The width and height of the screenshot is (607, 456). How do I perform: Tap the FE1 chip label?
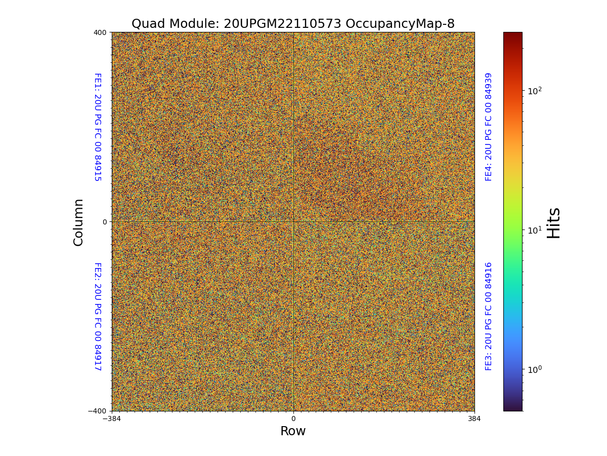pyautogui.click(x=97, y=127)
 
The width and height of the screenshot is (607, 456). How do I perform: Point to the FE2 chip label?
pyautogui.click(x=97, y=316)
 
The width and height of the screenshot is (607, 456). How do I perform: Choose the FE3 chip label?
pyautogui.click(x=489, y=316)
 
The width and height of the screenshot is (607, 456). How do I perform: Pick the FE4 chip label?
pyautogui.click(x=489, y=127)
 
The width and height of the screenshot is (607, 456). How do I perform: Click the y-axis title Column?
pyautogui.click(x=78, y=222)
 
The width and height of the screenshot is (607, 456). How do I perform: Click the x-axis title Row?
pyautogui.click(x=293, y=431)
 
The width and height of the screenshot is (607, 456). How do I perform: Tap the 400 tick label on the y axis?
pyautogui.click(x=100, y=32)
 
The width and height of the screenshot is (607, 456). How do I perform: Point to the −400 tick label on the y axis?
pyautogui.click(x=98, y=411)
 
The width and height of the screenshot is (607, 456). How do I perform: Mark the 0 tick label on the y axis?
pyautogui.click(x=105, y=222)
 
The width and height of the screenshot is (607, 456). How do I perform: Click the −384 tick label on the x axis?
pyautogui.click(x=112, y=419)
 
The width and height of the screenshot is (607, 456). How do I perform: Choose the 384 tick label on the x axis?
pyautogui.click(x=474, y=419)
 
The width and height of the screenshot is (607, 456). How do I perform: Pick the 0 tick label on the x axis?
pyautogui.click(x=293, y=419)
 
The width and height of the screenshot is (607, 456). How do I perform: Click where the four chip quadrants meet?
pyautogui.click(x=293, y=221)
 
